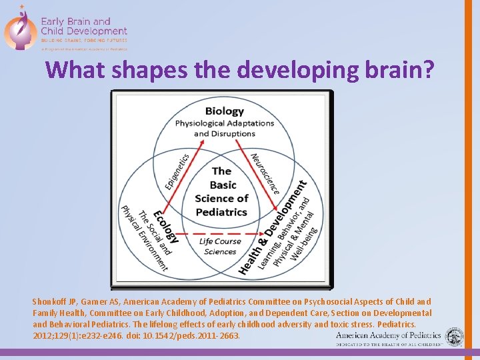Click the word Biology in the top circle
(224, 111)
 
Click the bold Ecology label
(165, 227)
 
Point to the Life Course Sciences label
(220, 246)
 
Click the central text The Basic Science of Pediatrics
(221, 191)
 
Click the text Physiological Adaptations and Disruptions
(224, 128)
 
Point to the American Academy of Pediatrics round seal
(455, 337)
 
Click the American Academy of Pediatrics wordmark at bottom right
(389, 336)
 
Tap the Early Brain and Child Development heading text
(84, 26)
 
